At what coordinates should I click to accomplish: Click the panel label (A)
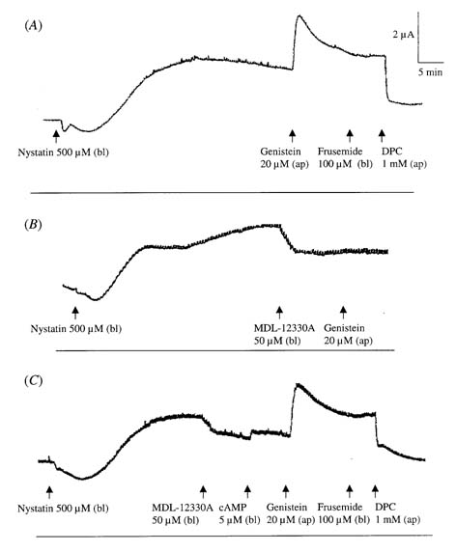[x=33, y=25]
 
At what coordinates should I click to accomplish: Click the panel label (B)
[x=33, y=224]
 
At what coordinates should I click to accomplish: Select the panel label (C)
[x=34, y=381]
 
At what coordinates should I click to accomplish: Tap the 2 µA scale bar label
[x=404, y=35]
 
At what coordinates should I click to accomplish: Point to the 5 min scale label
[x=430, y=72]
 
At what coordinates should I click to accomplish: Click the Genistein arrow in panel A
[x=292, y=135]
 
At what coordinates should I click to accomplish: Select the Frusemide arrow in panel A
[x=350, y=135]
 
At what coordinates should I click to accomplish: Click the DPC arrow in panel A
[x=382, y=135]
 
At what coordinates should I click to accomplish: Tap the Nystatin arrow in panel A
[x=56, y=137]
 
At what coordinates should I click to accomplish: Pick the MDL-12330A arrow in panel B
[x=279, y=313]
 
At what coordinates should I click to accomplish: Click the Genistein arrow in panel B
[x=343, y=313]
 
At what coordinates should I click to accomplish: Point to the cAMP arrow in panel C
[x=247, y=492]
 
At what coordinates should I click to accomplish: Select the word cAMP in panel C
[x=233, y=508]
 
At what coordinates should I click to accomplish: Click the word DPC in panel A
[x=391, y=152]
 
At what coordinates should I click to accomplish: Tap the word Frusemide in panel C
[x=340, y=508]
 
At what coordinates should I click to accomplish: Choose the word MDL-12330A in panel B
[x=284, y=328]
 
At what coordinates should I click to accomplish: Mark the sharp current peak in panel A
[x=299, y=15]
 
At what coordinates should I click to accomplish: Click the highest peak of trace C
[x=299, y=384]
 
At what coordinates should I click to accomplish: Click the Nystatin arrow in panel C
[x=49, y=492]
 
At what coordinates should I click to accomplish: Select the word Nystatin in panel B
[x=48, y=329]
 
